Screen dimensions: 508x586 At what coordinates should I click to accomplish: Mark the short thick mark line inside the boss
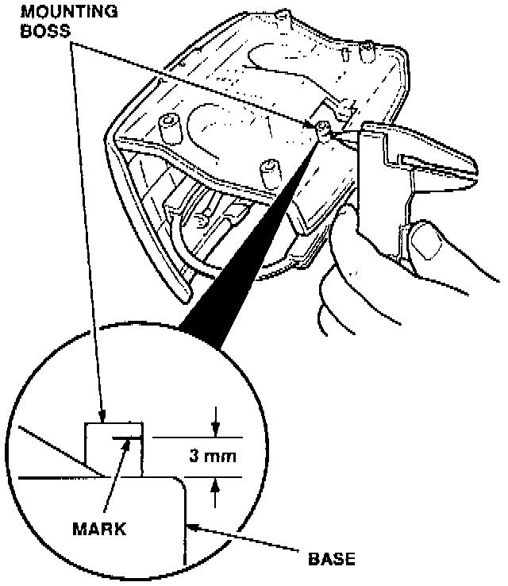coord(127,438)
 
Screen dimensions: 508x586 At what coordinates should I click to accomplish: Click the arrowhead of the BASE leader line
coord(190,524)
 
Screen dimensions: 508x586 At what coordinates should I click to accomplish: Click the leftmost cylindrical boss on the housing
coord(168,125)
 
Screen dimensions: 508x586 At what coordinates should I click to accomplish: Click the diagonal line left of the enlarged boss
coord(56,449)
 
